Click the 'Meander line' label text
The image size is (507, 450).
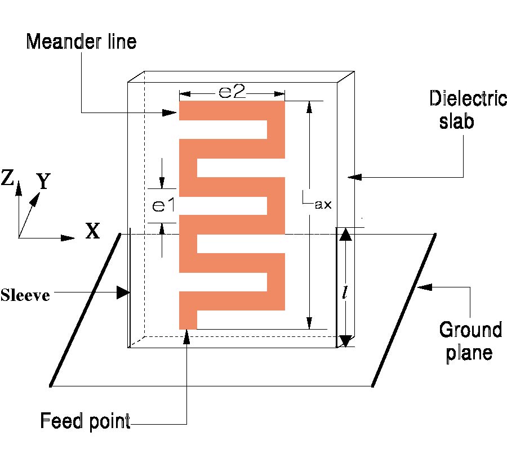(81, 42)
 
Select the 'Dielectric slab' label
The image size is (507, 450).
(460, 110)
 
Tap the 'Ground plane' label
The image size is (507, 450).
(470, 341)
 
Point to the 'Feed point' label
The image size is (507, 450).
(85, 420)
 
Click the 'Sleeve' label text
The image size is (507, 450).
(25, 295)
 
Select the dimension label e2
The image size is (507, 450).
(232, 92)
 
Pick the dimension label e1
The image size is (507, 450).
(161, 205)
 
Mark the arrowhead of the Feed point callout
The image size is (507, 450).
(186, 336)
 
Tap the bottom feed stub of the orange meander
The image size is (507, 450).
(188, 319)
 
